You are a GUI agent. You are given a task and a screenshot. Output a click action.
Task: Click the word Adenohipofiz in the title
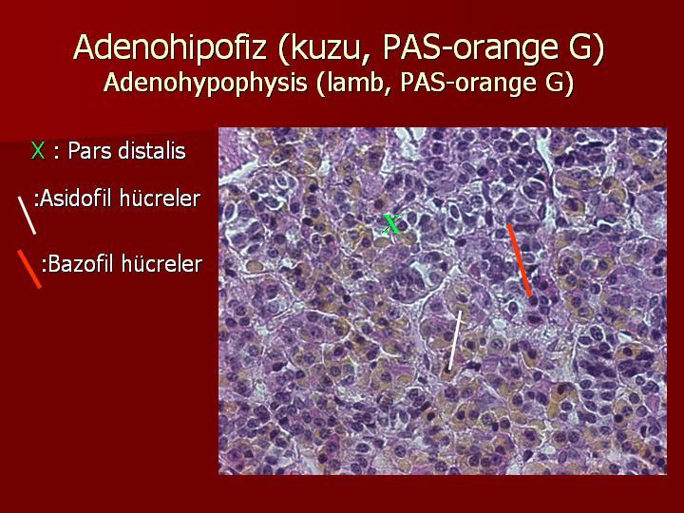170,47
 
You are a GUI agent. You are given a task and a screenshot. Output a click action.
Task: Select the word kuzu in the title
327,47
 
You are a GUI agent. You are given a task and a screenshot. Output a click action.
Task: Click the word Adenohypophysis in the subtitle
206,83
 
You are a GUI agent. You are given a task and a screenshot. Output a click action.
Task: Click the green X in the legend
38,151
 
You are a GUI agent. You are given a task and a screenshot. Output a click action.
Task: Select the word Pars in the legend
86,151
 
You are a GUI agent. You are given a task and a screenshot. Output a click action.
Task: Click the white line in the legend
27,215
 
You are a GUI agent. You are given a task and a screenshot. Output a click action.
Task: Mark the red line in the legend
28,269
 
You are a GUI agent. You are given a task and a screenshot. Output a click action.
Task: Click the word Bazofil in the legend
80,264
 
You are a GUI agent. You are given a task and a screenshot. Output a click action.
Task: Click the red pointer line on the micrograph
519,260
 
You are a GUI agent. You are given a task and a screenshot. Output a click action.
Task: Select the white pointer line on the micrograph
454,340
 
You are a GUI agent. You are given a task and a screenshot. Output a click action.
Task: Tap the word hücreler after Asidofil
160,199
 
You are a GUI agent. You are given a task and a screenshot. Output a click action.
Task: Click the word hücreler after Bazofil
162,264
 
